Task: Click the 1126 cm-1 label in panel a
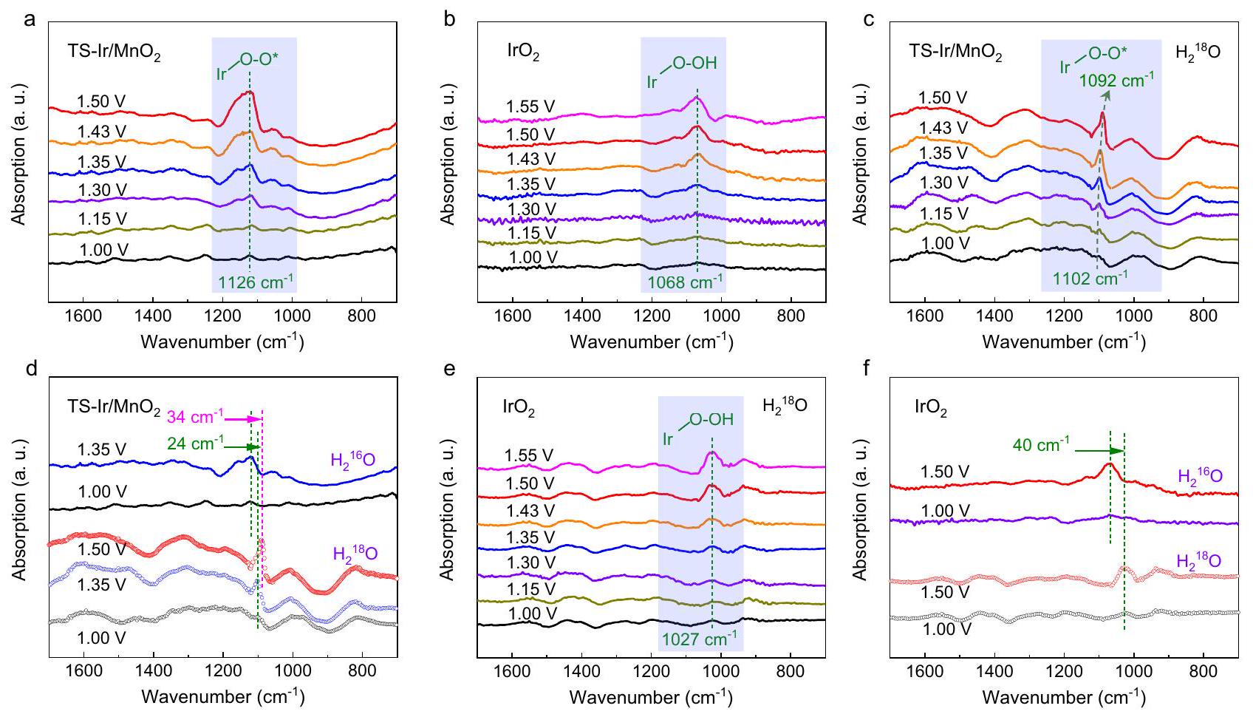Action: click(x=256, y=282)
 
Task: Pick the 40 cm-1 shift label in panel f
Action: click(x=1041, y=445)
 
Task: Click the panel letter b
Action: click(x=449, y=20)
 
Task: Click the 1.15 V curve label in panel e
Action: click(x=530, y=589)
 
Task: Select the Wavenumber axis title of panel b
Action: click(x=651, y=342)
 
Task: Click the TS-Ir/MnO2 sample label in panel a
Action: click(x=114, y=54)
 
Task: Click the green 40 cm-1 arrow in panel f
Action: click(x=1099, y=451)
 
